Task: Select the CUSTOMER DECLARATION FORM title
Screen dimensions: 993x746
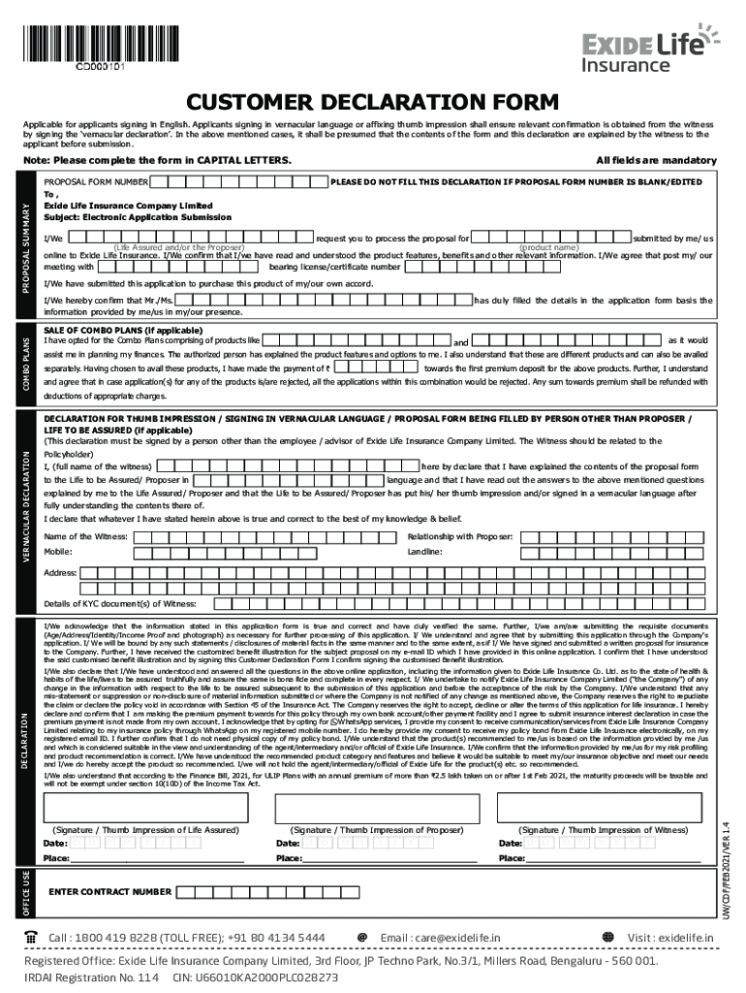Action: (x=373, y=102)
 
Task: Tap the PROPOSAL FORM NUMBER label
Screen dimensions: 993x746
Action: (x=96, y=181)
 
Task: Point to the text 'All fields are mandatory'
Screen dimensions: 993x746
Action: (x=656, y=160)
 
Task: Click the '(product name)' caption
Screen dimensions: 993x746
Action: (x=549, y=247)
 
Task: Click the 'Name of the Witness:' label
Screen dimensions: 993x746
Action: (x=86, y=536)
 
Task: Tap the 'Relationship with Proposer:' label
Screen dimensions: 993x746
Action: (x=460, y=536)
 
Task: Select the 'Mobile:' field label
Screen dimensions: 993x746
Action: (x=58, y=551)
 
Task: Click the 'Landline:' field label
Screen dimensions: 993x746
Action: (x=425, y=551)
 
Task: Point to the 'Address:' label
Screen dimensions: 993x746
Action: (x=60, y=572)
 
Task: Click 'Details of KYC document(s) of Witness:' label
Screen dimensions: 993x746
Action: (x=120, y=603)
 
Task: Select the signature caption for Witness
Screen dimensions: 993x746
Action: (x=605, y=830)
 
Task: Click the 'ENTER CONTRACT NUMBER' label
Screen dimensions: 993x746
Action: (x=109, y=891)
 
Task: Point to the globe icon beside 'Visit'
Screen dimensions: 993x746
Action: (x=607, y=937)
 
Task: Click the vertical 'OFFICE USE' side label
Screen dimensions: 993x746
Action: (x=27, y=891)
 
